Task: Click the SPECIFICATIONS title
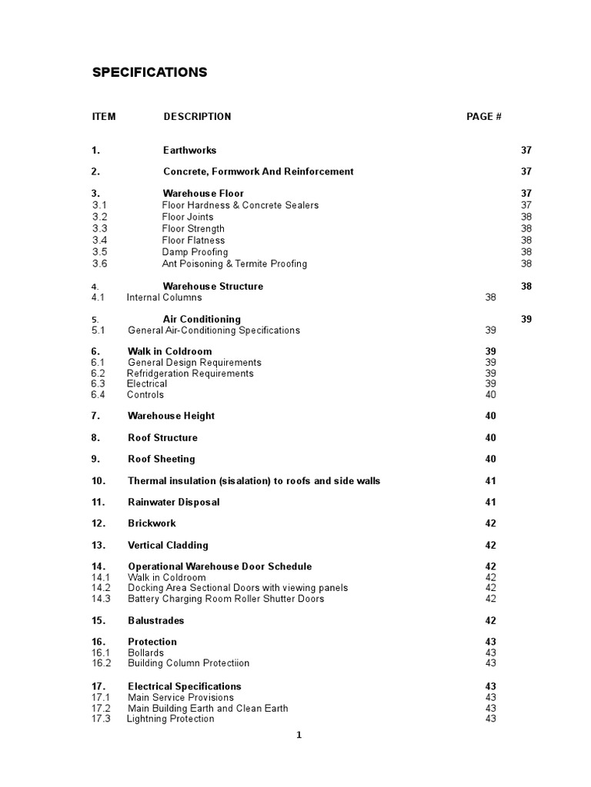pyautogui.click(x=149, y=72)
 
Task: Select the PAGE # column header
pyautogui.click(x=484, y=117)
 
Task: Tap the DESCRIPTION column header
pyautogui.click(x=197, y=117)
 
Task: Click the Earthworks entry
pyautogui.click(x=189, y=151)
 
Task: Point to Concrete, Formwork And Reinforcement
pyautogui.click(x=258, y=171)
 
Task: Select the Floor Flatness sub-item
pyautogui.click(x=193, y=241)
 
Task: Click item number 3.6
pyautogui.click(x=100, y=264)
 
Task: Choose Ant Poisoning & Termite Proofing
pyautogui.click(x=234, y=264)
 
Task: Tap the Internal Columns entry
pyautogui.click(x=165, y=297)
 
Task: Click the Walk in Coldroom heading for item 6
pyautogui.click(x=169, y=351)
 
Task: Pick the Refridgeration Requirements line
pyautogui.click(x=190, y=374)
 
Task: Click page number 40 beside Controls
pyautogui.click(x=491, y=395)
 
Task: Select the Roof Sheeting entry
pyautogui.click(x=161, y=459)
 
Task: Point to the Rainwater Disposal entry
pyautogui.click(x=173, y=502)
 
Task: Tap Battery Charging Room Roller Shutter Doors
pyautogui.click(x=225, y=599)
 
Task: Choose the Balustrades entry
pyautogui.click(x=155, y=620)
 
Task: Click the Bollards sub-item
pyautogui.click(x=145, y=653)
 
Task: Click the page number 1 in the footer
pyautogui.click(x=299, y=736)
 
